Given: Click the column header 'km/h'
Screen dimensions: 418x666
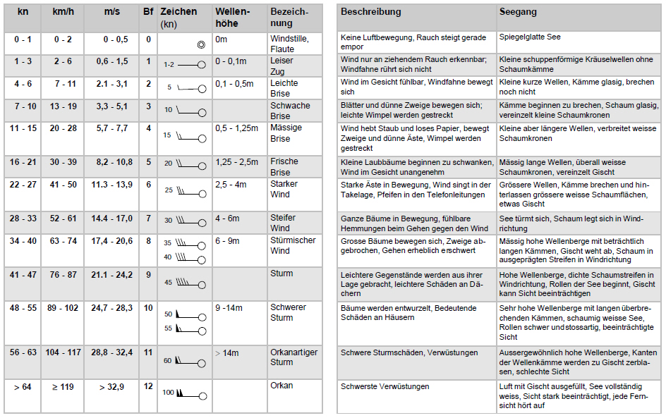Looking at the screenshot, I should [x=63, y=12].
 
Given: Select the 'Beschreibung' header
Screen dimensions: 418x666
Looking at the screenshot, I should [x=370, y=12].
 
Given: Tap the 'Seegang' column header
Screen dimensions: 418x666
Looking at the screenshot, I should [x=518, y=12].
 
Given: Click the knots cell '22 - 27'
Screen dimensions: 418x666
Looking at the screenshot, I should [x=23, y=184].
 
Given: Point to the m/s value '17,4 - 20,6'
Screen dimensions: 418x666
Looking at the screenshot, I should [x=111, y=241].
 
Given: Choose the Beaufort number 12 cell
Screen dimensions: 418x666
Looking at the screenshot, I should [x=148, y=386].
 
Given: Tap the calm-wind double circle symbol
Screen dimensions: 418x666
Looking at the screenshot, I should [x=201, y=44].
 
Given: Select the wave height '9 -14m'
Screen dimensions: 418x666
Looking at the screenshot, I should [x=229, y=308].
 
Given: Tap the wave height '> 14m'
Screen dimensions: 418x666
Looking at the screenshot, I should [x=228, y=352].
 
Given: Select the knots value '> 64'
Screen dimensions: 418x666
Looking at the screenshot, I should [x=23, y=386].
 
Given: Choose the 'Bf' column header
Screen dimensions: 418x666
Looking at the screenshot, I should [x=148, y=12].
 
